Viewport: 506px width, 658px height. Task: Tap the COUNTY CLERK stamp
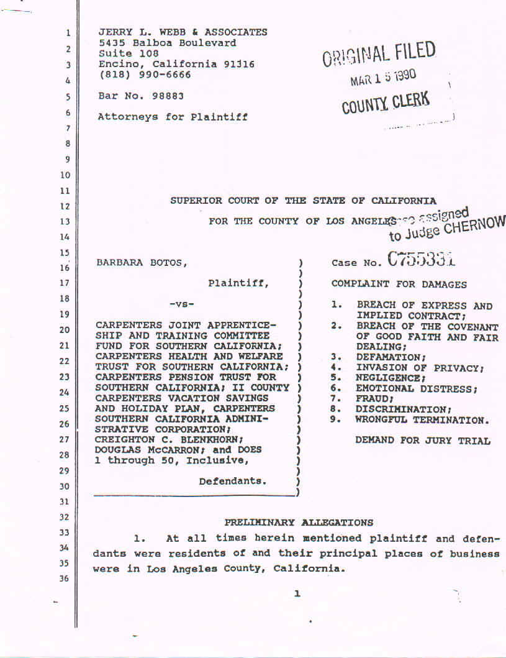[386, 102]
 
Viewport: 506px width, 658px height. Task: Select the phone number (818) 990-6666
[145, 75]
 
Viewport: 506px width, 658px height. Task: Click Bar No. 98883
[141, 96]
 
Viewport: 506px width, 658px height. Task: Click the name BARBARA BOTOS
[140, 263]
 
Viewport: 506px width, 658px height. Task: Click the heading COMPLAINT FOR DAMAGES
[399, 284]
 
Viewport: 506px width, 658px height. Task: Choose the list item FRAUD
[374, 399]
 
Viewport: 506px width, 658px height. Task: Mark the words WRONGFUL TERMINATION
[422, 420]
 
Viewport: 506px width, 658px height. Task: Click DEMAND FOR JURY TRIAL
[423, 441]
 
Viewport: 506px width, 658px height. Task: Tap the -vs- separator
[182, 304]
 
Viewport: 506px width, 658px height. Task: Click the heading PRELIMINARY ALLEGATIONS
[299, 523]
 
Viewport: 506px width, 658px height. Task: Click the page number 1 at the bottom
[297, 594]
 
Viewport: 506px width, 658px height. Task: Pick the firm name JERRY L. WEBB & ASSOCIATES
[183, 32]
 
